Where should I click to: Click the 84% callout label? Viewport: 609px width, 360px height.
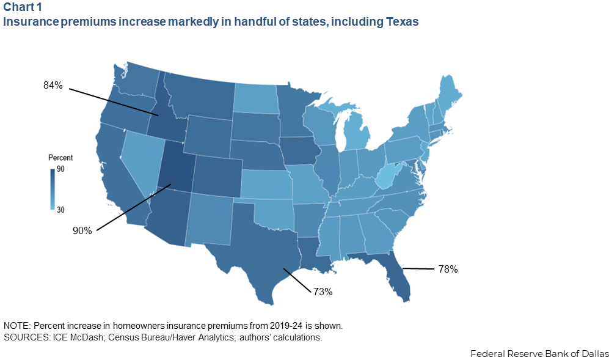pyautogui.click(x=53, y=85)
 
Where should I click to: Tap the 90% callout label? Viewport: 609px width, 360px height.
pyautogui.click(x=82, y=230)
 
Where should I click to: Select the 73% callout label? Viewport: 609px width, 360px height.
pyautogui.click(x=323, y=292)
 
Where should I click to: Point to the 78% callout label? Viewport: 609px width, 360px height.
pyautogui.click(x=448, y=268)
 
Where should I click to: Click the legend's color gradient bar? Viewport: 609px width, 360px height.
pyautogui.click(x=53, y=189)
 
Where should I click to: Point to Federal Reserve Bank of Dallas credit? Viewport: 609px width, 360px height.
pyautogui.click(x=539, y=353)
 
